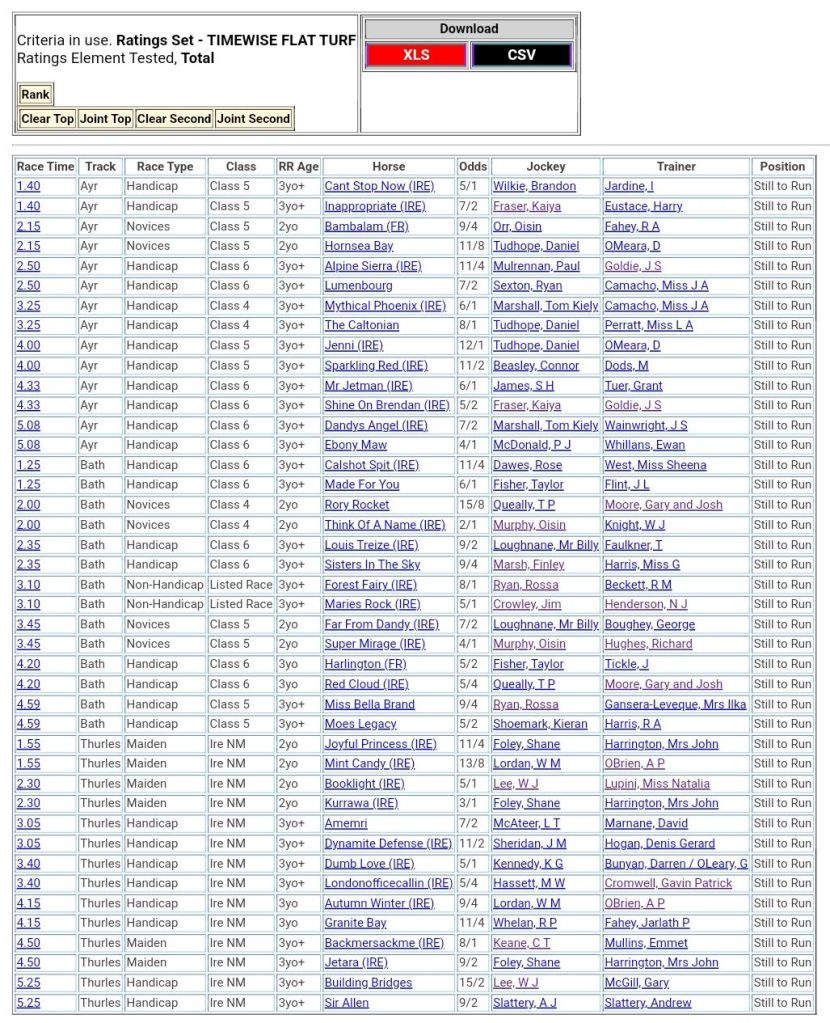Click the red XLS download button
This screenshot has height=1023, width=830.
416,55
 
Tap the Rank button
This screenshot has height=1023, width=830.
35,94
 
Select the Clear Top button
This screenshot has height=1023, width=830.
48,118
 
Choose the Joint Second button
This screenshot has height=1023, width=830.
254,118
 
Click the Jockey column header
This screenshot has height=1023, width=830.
545,166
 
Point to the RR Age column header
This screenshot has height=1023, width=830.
298,166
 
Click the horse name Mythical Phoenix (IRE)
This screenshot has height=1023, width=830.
384,305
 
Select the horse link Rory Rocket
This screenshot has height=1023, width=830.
356,505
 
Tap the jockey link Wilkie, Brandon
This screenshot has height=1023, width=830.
534,186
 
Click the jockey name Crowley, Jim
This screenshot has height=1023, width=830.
526,604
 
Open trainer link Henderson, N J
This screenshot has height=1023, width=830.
646,604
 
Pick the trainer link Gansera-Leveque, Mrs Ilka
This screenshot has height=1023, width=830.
675,704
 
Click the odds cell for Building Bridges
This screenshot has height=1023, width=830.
472,983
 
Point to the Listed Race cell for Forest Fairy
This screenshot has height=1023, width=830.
240,584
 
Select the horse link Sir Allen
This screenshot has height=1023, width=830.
346,1003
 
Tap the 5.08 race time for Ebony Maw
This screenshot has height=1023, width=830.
28,445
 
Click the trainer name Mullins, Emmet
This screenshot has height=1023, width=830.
647,943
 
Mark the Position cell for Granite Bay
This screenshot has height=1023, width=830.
782,923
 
